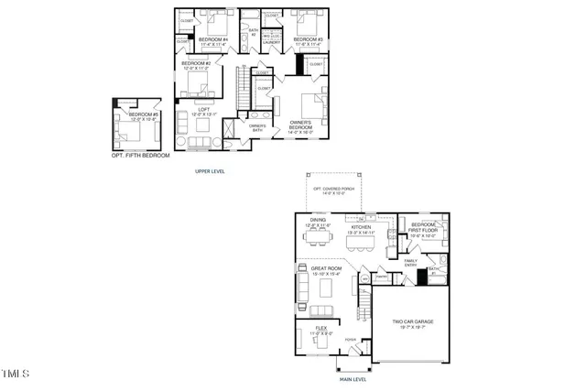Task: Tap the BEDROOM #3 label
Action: coord(309,40)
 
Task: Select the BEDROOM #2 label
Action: coord(196,65)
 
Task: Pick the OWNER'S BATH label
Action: coord(244,128)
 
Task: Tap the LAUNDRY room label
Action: coord(271,41)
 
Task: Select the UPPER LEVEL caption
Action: coord(210,171)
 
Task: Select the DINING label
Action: coord(318,222)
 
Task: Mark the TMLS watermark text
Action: coord(16,374)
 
